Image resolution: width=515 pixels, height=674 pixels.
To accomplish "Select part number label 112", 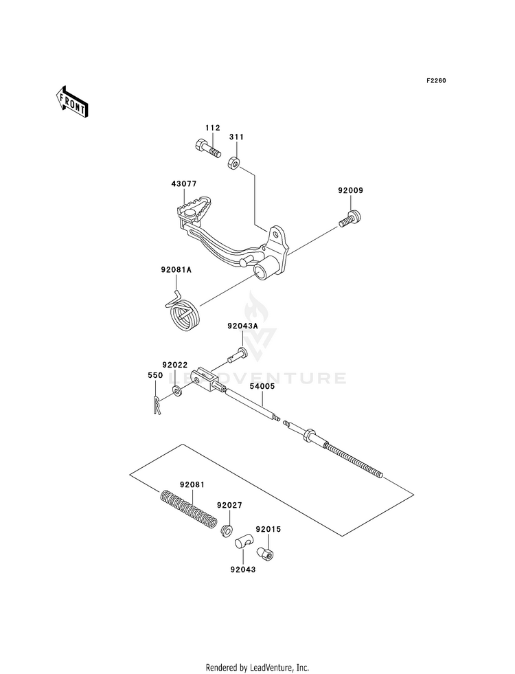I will tap(193, 128).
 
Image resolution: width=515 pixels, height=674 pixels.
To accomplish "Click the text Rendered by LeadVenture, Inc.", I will tap(257, 666).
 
